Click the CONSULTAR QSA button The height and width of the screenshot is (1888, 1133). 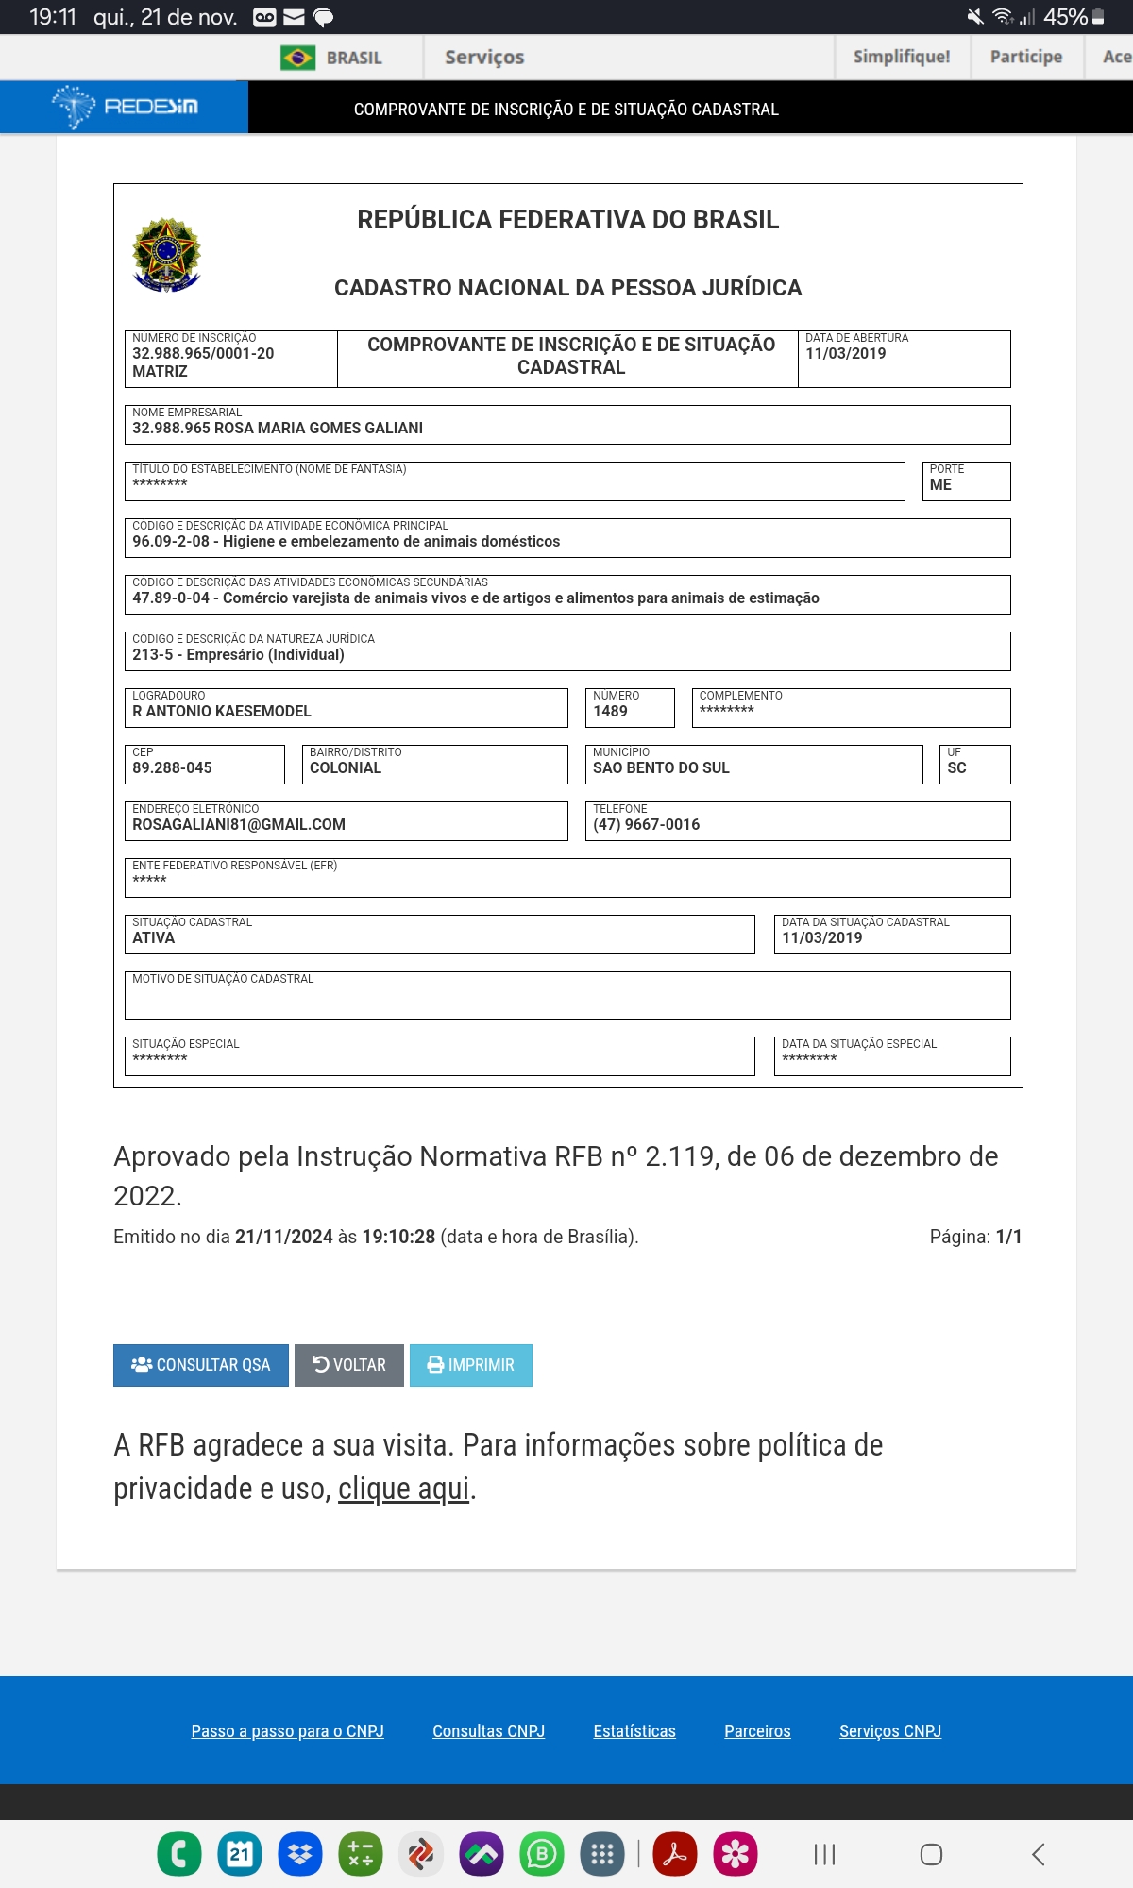pyautogui.click(x=200, y=1365)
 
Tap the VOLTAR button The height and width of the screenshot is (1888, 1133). pyautogui.click(x=349, y=1365)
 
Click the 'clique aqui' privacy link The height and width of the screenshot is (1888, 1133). pyautogui.click(x=403, y=1489)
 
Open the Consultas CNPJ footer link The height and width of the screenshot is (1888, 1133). pyautogui.click(x=488, y=1731)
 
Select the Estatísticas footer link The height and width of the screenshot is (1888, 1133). pyautogui.click(x=634, y=1731)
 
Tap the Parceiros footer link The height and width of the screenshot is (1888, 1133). pyautogui.click(x=757, y=1731)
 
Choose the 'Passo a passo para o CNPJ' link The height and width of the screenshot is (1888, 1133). pyautogui.click(x=287, y=1731)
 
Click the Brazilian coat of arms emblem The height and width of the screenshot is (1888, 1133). pyautogui.click(x=167, y=255)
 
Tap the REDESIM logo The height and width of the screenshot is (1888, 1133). pyautogui.click(x=125, y=107)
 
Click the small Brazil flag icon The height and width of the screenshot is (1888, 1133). pyautogui.click(x=297, y=58)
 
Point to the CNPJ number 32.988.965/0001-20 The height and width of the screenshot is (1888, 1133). pyautogui.click(x=203, y=354)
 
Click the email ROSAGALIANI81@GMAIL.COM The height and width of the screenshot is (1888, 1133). pyautogui.click(x=239, y=825)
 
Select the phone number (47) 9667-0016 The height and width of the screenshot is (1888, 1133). pyautogui.click(x=646, y=825)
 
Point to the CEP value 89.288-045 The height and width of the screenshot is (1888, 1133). pyautogui.click(x=172, y=768)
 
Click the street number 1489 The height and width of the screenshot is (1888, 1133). pyautogui.click(x=610, y=712)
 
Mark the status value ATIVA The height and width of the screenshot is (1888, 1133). pyautogui.click(x=154, y=938)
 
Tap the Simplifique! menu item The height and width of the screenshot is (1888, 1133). pyautogui.click(x=902, y=57)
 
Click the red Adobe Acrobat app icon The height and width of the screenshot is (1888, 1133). pyautogui.click(x=674, y=1854)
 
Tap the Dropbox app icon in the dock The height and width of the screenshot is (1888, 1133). pyautogui.click(x=300, y=1854)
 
